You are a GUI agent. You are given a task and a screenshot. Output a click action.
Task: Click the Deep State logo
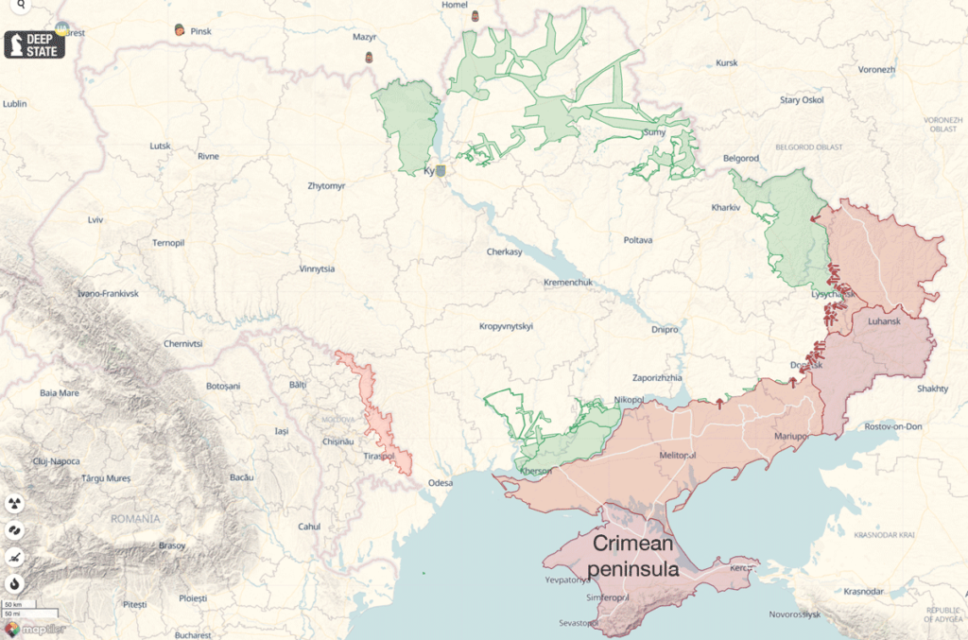click(x=35, y=43)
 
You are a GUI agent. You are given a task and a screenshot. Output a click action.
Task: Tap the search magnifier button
click(x=20, y=6)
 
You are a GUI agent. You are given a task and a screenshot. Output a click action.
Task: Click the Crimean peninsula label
click(x=632, y=556)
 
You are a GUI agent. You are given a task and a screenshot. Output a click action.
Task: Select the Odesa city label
click(x=441, y=482)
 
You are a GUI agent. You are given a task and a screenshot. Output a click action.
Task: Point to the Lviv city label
click(x=95, y=219)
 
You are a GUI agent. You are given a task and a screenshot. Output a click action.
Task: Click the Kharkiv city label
click(x=725, y=207)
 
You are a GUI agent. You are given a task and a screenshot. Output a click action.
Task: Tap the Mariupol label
click(x=791, y=437)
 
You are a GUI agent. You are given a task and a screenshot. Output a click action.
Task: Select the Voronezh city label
click(x=876, y=70)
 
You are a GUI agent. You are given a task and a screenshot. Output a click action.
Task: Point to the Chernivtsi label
click(x=183, y=343)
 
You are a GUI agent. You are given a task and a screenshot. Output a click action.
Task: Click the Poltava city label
click(x=638, y=240)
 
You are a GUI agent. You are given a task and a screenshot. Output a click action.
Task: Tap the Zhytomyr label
click(x=327, y=186)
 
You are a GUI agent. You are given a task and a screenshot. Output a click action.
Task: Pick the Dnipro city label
click(x=665, y=329)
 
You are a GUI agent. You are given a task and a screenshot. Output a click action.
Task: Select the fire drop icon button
click(x=15, y=582)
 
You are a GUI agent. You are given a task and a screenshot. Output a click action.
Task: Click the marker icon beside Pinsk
click(x=180, y=30)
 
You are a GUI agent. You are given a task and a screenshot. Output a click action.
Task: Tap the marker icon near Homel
click(x=475, y=17)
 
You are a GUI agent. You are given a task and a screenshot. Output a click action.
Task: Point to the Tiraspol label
click(x=379, y=458)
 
